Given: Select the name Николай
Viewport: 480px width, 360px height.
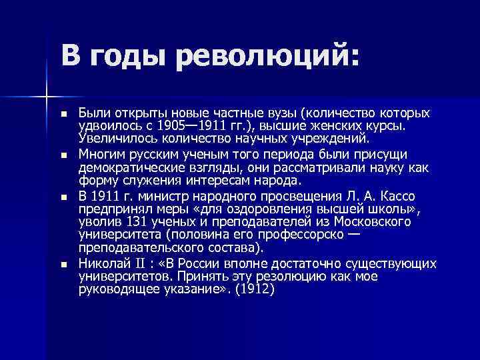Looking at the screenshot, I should [x=101, y=263].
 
